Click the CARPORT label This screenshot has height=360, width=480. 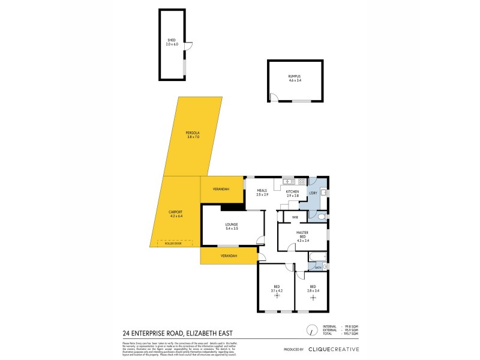click(175, 214)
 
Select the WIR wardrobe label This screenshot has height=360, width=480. click(295, 217)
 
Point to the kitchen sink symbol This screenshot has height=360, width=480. click(289, 181)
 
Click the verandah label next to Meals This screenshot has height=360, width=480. click(221, 190)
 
